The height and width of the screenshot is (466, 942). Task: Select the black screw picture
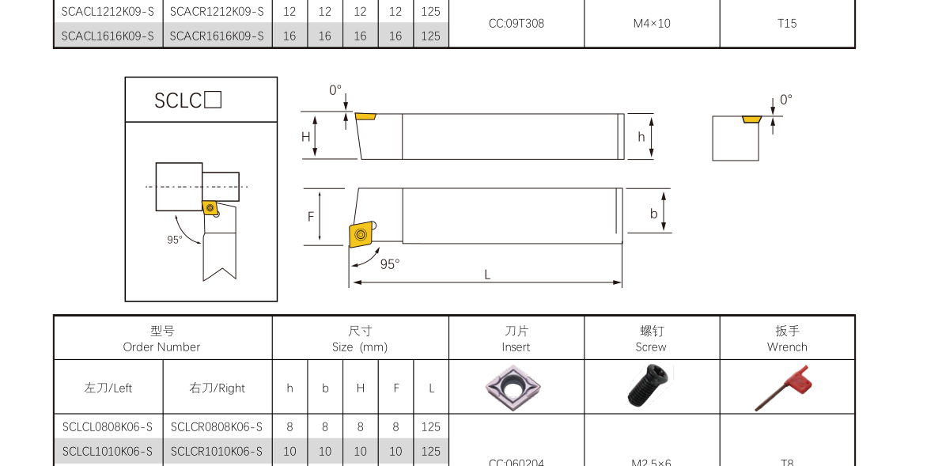(x=651, y=386)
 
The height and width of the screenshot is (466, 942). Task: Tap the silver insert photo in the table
(x=513, y=387)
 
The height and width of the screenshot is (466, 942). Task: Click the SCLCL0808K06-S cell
(x=108, y=427)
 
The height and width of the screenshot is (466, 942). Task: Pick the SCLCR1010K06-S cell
(x=217, y=451)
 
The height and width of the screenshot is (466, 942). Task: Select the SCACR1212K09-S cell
(x=217, y=12)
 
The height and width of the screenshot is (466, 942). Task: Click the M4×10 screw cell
(x=652, y=24)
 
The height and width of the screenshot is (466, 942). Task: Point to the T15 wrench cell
(x=787, y=24)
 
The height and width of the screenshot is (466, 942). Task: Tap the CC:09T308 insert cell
(x=516, y=24)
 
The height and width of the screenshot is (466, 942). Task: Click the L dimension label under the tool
(x=487, y=275)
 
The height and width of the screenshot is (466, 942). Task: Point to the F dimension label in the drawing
(x=311, y=217)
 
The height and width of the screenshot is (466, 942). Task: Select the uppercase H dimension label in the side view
(x=306, y=137)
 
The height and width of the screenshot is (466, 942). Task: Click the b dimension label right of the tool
(x=654, y=214)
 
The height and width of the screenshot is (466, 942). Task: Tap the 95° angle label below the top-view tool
(x=390, y=264)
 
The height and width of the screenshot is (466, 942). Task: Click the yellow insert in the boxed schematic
(x=210, y=208)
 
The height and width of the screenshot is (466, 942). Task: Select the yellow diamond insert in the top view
(x=361, y=234)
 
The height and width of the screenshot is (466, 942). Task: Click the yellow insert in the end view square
(x=751, y=119)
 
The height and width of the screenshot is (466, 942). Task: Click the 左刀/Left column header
(x=108, y=388)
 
